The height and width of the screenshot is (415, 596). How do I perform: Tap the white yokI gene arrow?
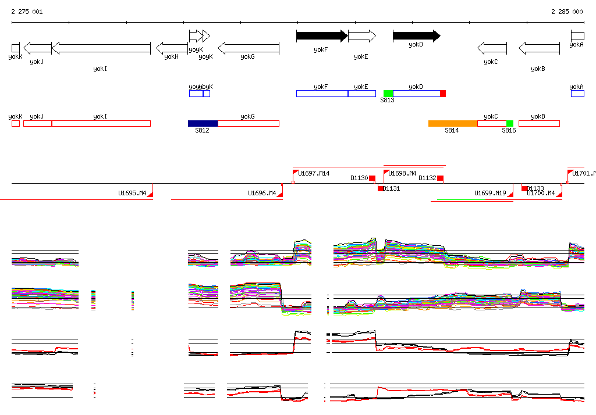101,48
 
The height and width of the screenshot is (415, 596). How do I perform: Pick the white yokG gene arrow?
249,48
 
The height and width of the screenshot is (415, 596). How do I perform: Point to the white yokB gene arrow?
539,48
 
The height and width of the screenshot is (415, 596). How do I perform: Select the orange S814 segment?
453,123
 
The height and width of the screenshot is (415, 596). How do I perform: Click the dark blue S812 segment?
203,123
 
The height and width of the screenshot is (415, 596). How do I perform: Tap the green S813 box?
388,94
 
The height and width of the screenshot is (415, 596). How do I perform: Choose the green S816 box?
510,123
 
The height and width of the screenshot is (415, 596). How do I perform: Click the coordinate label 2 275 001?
27,12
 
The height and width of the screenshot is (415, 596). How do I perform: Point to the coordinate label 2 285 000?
567,12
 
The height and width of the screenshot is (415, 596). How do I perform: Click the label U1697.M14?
314,173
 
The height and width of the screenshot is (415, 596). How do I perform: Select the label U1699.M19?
490,193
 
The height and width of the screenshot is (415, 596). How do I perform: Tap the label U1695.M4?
132,193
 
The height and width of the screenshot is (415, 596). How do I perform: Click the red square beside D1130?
372,178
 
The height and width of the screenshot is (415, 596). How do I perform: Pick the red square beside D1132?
441,178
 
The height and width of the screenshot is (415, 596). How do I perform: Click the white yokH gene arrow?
172,48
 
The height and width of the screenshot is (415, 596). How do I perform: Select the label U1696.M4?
262,193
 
